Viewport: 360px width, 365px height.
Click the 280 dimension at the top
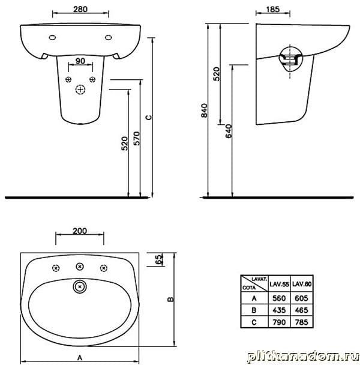tap(80, 10)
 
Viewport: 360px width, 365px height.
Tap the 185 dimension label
tap(272, 10)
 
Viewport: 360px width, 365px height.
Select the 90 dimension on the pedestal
tap(80, 61)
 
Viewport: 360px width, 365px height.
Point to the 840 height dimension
tap(204, 110)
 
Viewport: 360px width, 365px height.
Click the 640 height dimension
tap(229, 131)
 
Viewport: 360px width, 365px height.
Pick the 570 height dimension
tap(137, 139)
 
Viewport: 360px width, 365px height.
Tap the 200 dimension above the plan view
tap(80, 231)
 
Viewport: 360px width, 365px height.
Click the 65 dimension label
tap(158, 259)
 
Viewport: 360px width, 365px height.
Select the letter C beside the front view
tap(149, 117)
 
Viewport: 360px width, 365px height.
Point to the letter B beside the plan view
tap(170, 299)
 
